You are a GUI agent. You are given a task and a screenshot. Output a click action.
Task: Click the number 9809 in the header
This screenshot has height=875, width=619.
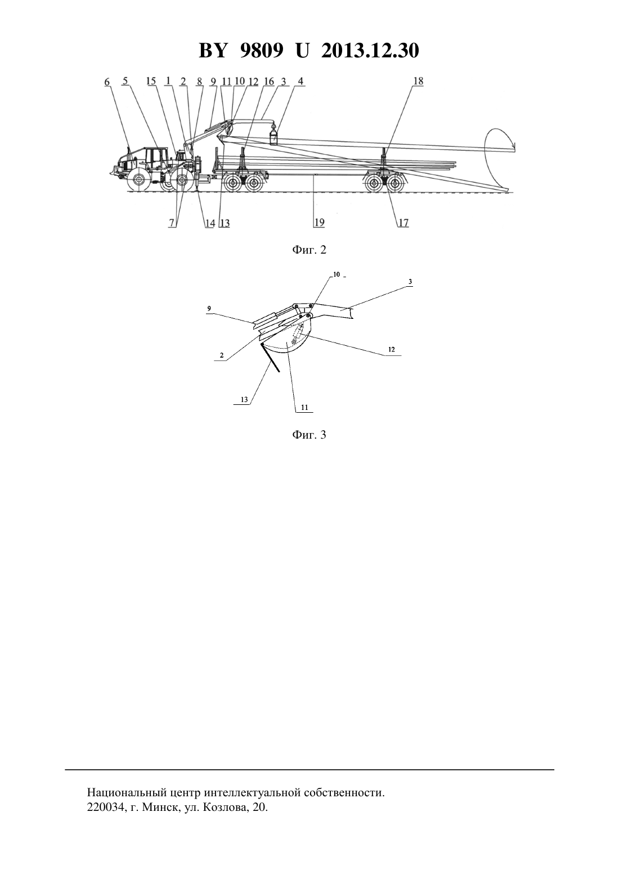[x=261, y=51]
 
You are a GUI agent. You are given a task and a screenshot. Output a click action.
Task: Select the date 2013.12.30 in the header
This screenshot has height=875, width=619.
[x=370, y=51]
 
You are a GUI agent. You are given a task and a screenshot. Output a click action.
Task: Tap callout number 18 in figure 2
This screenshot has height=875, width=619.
[x=418, y=81]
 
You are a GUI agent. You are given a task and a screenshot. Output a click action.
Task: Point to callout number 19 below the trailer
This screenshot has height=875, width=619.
[x=319, y=222]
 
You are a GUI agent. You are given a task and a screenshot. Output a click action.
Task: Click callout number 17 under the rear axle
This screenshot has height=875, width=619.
[x=403, y=223]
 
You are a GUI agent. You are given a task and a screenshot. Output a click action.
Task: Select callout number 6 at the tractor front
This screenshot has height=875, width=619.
[x=107, y=82]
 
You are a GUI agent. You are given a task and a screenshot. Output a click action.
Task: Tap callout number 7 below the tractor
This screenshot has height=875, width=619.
[x=172, y=223]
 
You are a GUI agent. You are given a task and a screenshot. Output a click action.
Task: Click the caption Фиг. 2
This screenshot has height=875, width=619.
[x=309, y=250]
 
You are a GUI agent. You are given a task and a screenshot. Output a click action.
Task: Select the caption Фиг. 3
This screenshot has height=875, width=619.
[x=309, y=435]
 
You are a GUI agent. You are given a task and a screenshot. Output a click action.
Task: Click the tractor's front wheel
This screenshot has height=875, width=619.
[x=137, y=180]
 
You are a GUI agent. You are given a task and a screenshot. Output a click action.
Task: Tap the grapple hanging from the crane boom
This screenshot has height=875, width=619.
[x=274, y=135]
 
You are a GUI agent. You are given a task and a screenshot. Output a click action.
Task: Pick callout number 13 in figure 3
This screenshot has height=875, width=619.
[x=244, y=400]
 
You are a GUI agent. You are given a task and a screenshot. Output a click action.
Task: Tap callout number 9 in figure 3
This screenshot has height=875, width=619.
[x=209, y=308]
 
